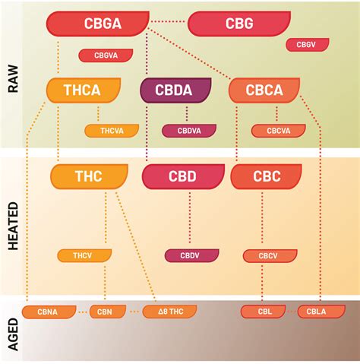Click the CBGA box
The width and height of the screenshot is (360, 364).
(96, 24)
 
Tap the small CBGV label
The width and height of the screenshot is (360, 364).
(307, 44)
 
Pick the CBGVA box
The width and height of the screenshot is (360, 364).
(106, 55)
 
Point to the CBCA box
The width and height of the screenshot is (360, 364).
(264, 90)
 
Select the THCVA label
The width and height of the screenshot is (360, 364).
(111, 130)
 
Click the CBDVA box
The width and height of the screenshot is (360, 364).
(188, 130)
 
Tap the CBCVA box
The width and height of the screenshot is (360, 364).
(278, 130)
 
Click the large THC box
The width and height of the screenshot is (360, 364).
(88, 176)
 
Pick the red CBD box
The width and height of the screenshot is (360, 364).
(182, 176)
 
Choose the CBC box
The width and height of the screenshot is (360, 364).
(266, 176)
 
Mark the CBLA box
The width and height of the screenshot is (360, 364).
(311, 312)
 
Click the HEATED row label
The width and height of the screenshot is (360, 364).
(13, 225)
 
